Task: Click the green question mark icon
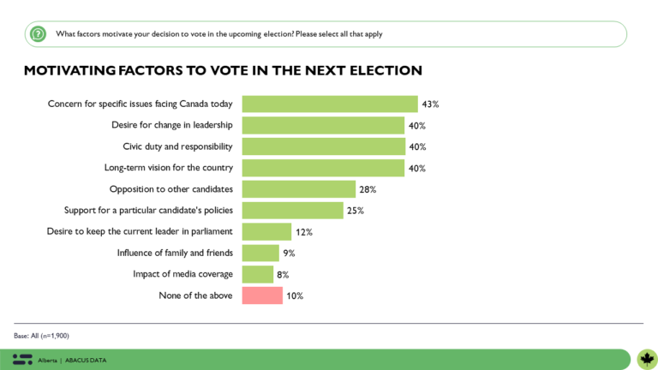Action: pos(38,34)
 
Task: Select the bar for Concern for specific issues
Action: pos(329,104)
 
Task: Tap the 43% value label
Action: pos(430,104)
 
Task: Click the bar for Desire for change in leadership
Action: pos(323,126)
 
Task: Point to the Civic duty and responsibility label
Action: pos(177,146)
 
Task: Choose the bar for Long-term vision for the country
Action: pos(323,168)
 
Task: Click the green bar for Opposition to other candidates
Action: pos(298,189)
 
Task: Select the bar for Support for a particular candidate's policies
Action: pos(293,211)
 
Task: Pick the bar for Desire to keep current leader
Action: pos(266,232)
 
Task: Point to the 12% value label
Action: pos(304,232)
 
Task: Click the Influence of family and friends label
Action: pos(175,253)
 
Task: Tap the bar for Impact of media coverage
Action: pos(258,274)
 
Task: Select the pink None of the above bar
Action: pos(262,295)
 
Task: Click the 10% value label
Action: pos(295,295)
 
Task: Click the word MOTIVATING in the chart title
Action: pos(72,70)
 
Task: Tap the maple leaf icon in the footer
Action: pos(647,359)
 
